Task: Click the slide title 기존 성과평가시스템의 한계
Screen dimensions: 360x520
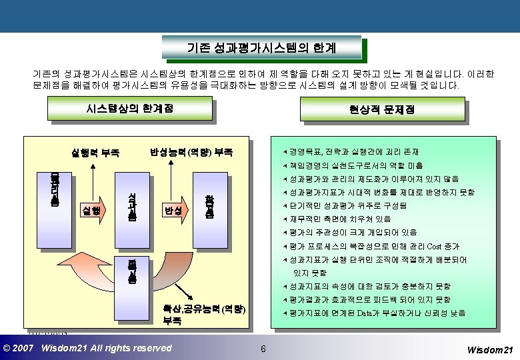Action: (x=261, y=48)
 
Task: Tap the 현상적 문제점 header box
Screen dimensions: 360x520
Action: (x=381, y=109)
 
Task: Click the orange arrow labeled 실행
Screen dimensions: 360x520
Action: (x=93, y=210)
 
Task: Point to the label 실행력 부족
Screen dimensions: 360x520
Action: (x=95, y=152)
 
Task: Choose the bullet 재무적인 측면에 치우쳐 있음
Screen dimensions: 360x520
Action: (x=340, y=219)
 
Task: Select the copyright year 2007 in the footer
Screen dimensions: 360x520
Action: (x=24, y=348)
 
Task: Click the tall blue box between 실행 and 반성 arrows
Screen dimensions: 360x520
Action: (x=131, y=206)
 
